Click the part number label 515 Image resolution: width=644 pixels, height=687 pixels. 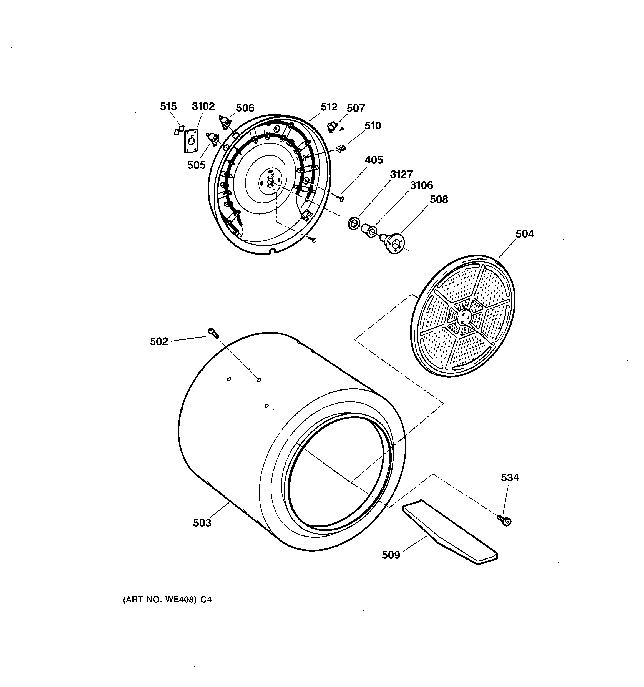(x=168, y=106)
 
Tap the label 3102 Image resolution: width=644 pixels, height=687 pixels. (x=203, y=106)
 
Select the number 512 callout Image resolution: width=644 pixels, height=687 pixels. (x=328, y=107)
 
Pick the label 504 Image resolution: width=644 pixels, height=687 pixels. (x=524, y=234)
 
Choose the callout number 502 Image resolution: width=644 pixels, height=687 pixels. (x=159, y=341)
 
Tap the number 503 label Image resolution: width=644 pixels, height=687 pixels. (x=202, y=523)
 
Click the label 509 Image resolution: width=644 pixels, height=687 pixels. (x=391, y=555)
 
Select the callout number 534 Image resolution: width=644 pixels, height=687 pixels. (x=510, y=478)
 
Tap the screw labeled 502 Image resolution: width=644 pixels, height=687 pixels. (x=213, y=333)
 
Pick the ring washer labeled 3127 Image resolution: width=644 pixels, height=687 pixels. (x=353, y=223)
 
